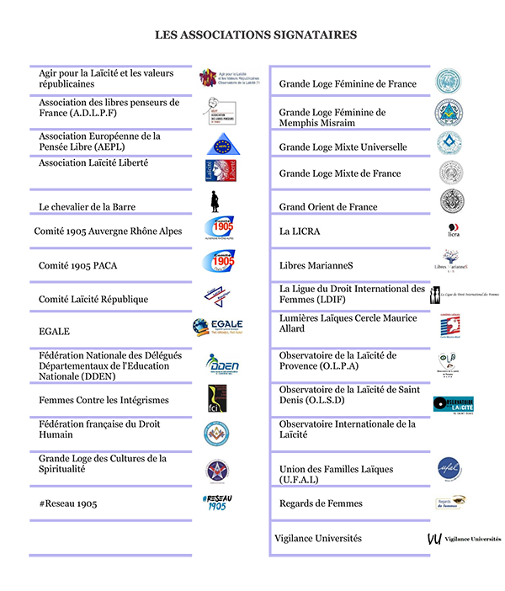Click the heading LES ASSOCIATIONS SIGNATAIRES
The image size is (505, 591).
pos(256,35)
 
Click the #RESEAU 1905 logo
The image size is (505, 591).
pos(217,503)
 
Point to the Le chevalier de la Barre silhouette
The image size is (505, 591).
pos(215,203)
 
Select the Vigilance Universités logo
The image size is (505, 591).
pos(464,538)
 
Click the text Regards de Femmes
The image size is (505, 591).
pos(321,503)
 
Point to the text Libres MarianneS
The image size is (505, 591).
pos(316,265)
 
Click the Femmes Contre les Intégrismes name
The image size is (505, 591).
pos(104,400)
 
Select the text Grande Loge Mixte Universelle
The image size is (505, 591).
pos(343,147)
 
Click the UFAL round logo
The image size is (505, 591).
pos(449,468)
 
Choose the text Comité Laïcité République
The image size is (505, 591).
pos(93,299)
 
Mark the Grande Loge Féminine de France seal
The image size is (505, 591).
pos(448,82)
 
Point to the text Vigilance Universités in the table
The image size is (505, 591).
pos(318,538)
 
